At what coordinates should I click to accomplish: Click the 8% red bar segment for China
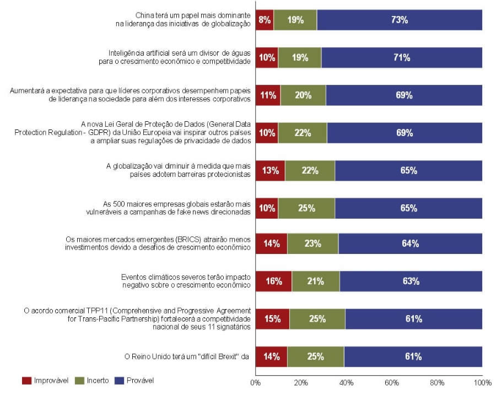(265, 20)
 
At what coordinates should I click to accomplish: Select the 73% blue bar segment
(400, 20)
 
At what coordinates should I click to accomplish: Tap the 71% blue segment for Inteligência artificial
(402, 57)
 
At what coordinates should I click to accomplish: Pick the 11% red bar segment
(268, 95)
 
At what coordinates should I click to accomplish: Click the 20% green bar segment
(303, 95)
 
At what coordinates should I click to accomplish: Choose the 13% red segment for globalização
(270, 170)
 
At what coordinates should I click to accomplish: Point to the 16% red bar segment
(273, 281)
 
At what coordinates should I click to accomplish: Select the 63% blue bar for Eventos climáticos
(411, 281)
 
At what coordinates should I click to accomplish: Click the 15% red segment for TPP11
(272, 318)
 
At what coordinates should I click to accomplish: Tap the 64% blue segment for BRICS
(410, 243)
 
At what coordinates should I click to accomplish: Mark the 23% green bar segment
(312, 243)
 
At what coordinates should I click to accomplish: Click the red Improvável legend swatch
(27, 381)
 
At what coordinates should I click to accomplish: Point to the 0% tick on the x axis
(255, 383)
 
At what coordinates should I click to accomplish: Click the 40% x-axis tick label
(346, 383)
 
